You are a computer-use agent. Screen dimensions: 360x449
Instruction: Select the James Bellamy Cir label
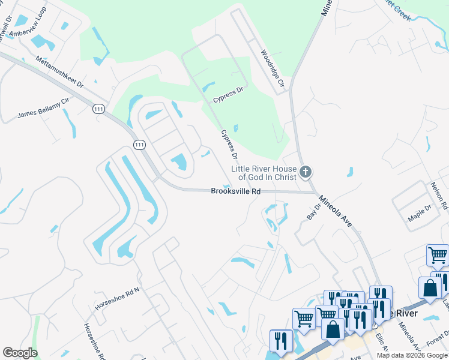(44, 109)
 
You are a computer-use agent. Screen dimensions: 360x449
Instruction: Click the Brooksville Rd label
(236, 191)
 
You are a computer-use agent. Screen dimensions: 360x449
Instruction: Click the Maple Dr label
(420, 214)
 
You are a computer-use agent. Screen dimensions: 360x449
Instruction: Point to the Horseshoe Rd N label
(116, 299)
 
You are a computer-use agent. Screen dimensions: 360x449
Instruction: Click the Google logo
(20, 353)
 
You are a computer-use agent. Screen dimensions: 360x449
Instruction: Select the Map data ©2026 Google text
(412, 355)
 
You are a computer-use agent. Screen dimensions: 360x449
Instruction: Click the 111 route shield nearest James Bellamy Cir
(98, 108)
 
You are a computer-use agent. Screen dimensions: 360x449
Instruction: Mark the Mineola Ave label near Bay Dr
(335, 211)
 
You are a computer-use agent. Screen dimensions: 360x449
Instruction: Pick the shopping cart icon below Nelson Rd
(438, 255)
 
